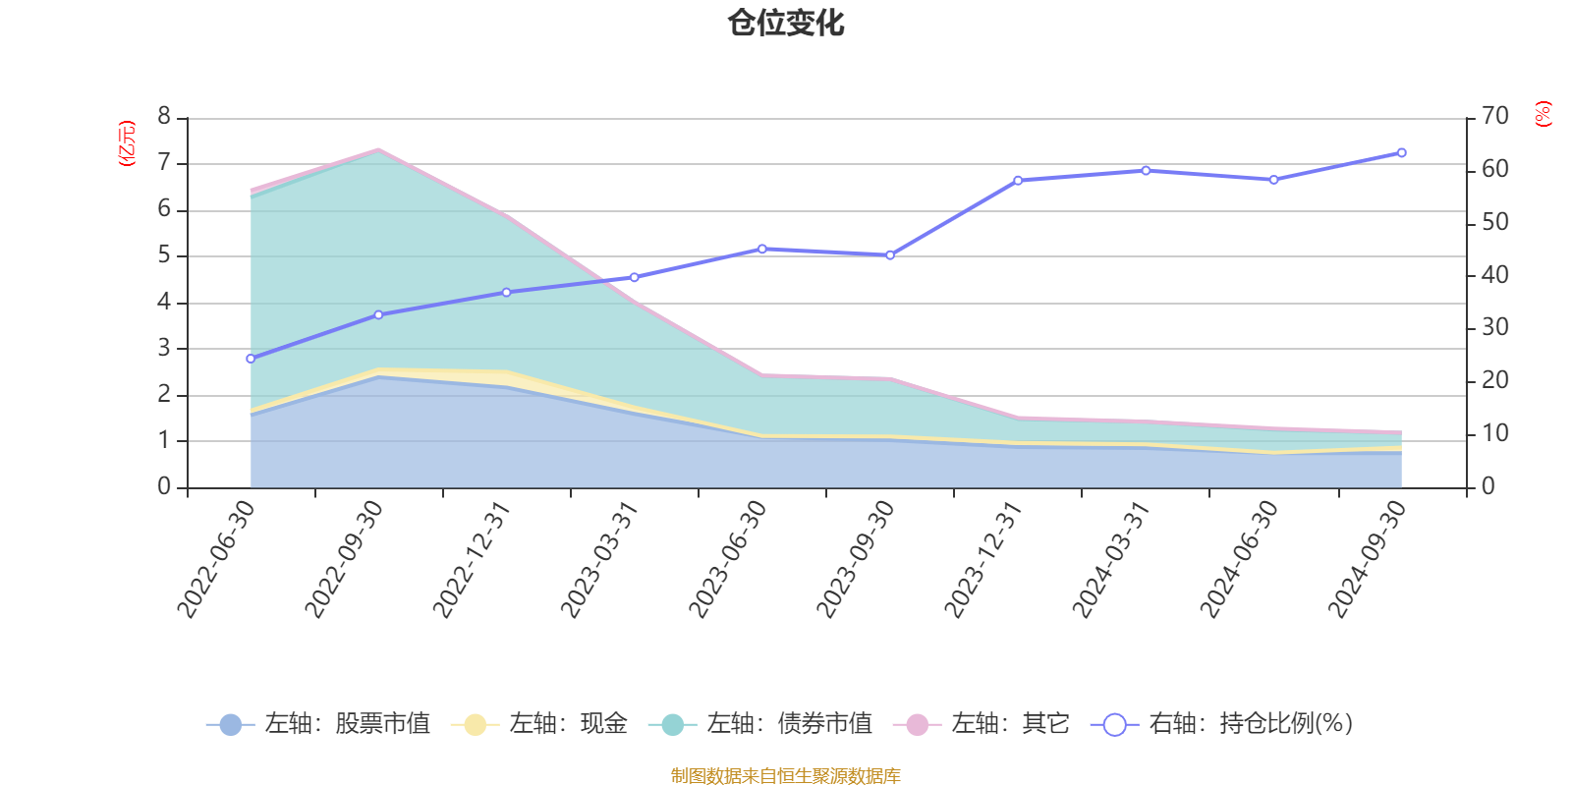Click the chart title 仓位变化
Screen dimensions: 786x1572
coord(786,23)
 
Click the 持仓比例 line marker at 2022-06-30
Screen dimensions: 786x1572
coord(251,359)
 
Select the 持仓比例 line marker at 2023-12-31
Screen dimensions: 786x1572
coord(1018,181)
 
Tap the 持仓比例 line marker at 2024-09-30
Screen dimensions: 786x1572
coord(1401,153)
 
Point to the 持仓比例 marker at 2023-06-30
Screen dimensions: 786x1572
coord(762,250)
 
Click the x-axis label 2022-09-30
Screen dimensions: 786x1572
coord(343,559)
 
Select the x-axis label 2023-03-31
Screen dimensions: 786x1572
coord(598,559)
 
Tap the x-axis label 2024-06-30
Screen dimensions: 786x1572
coord(1238,559)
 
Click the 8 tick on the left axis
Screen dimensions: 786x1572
coord(164,117)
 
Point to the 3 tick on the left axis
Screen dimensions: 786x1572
coord(164,348)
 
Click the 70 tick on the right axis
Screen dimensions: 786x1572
coord(1494,117)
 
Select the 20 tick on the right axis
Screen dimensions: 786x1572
coord(1494,381)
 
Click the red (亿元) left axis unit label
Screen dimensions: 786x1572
coord(126,143)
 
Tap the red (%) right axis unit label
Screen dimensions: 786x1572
coord(1543,114)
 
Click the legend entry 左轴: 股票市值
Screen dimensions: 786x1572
coord(319,724)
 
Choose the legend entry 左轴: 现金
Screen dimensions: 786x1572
coord(539,724)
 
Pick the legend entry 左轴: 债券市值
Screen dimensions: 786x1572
coord(760,724)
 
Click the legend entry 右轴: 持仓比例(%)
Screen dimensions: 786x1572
coord(1222,724)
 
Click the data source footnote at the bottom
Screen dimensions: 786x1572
coord(786,776)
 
